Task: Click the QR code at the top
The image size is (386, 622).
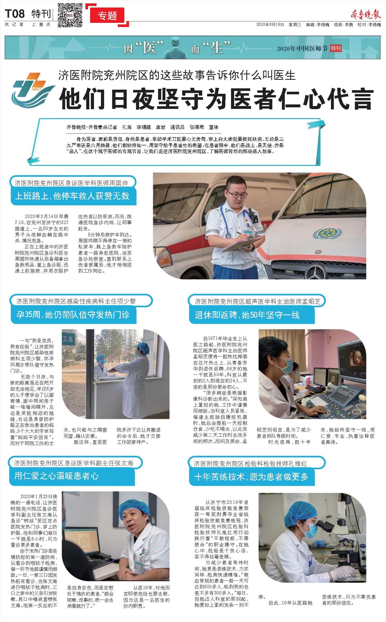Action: [70, 15]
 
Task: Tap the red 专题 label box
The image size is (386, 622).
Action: [107, 15]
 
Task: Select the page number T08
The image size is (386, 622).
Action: [15, 14]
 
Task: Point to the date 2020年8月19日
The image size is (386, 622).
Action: [270, 25]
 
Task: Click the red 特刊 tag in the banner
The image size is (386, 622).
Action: [336, 48]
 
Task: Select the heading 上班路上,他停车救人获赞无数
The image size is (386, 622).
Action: [72, 196]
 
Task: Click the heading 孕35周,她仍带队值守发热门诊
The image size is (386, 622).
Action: [73, 315]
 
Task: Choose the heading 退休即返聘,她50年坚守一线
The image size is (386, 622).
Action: [247, 315]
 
